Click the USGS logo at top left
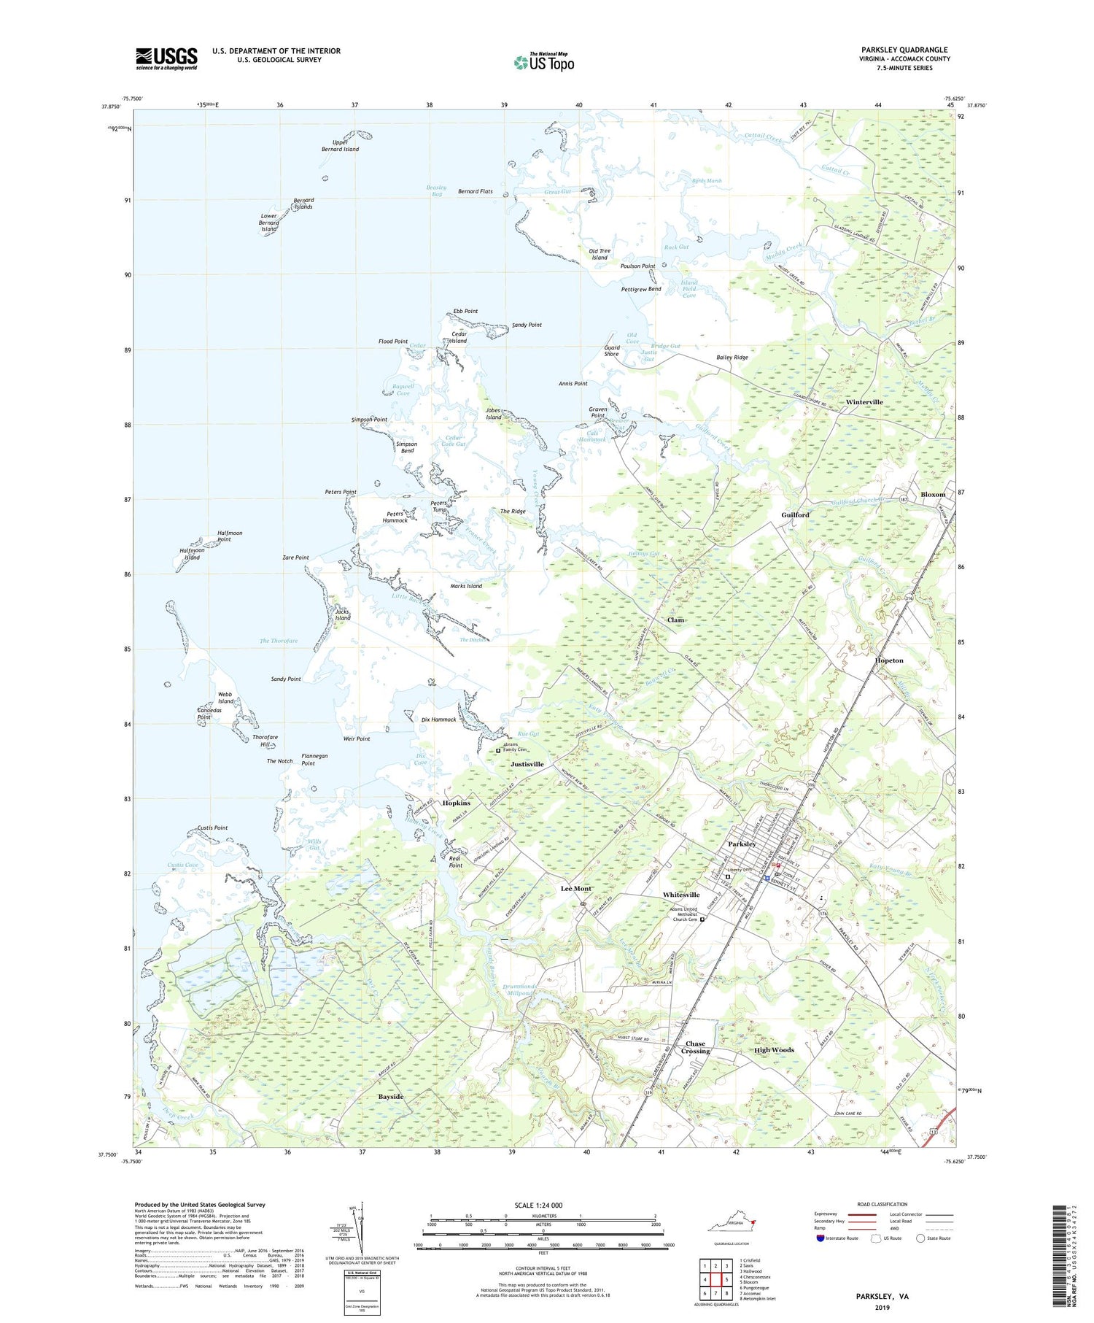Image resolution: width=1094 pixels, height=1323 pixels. pyautogui.click(x=166, y=58)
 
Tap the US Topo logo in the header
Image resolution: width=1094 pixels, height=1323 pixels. pyautogui.click(x=543, y=63)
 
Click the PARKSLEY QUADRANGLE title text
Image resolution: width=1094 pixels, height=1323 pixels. pyautogui.click(x=904, y=50)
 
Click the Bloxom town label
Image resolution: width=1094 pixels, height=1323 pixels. pyautogui.click(x=933, y=494)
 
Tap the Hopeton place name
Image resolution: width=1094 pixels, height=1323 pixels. pyautogui.click(x=889, y=660)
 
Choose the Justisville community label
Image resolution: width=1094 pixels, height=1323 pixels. pyautogui.click(x=527, y=764)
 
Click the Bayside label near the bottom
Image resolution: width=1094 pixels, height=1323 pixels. pyautogui.click(x=391, y=1097)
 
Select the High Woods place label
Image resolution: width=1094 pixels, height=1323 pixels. pyautogui.click(x=774, y=1050)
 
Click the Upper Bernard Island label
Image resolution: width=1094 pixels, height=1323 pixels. pyautogui.click(x=340, y=145)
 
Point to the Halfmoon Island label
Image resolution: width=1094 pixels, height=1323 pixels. pyautogui.click(x=192, y=554)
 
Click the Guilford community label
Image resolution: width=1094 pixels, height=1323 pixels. pyautogui.click(x=795, y=514)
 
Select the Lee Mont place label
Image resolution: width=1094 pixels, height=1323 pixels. pyautogui.click(x=575, y=889)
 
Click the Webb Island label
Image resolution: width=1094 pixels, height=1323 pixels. pyautogui.click(x=225, y=698)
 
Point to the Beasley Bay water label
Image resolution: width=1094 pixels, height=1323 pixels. pyautogui.click(x=436, y=190)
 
